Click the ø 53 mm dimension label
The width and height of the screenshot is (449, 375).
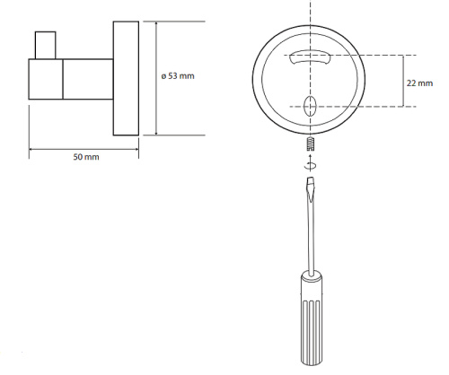coord(178,76)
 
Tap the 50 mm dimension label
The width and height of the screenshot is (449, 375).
coord(86,157)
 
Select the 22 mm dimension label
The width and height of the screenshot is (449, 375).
coord(419,83)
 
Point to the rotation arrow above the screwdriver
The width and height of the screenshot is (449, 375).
coord(311,163)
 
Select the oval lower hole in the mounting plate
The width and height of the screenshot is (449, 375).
coord(310,107)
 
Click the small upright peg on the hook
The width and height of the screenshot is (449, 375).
coord(46,45)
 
